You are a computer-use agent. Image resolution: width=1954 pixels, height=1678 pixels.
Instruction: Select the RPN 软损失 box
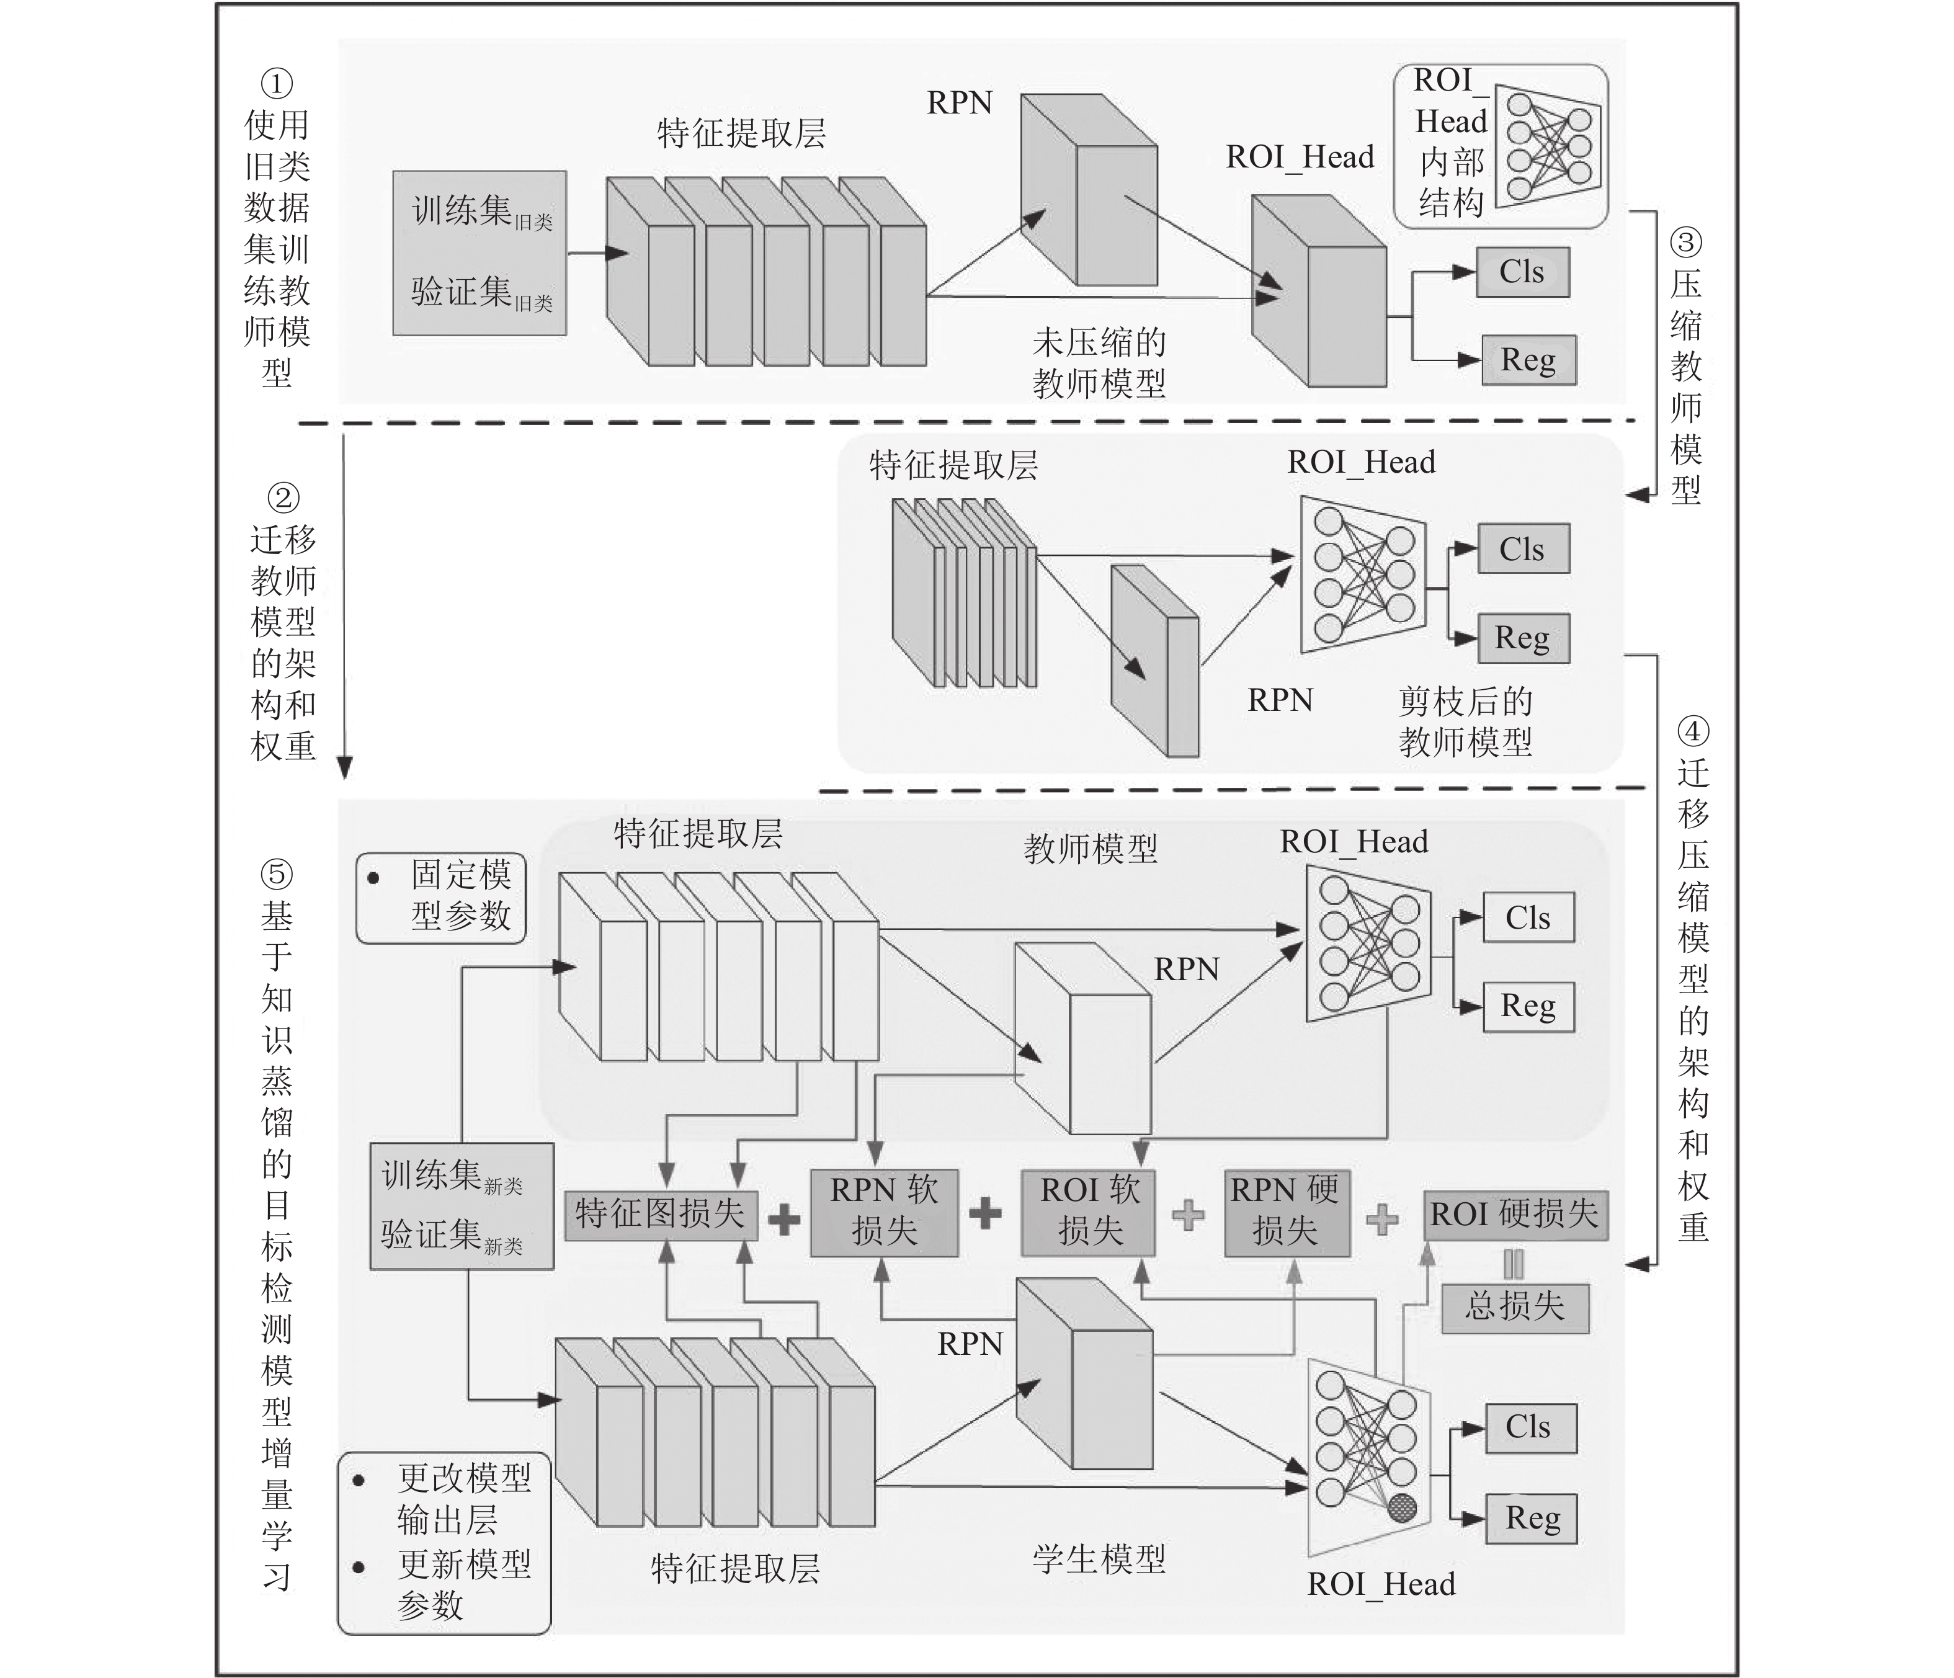(x=883, y=1212)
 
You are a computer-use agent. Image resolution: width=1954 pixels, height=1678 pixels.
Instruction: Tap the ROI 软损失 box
(x=1088, y=1212)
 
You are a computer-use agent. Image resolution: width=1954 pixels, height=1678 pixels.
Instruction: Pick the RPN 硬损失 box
(x=1287, y=1212)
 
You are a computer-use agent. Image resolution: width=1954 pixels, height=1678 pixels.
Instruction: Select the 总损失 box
(x=1515, y=1306)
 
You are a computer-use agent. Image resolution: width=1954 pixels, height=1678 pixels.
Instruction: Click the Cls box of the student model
(x=1530, y=1427)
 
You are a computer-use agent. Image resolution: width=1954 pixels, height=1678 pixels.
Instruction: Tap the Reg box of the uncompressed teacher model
(x=1528, y=359)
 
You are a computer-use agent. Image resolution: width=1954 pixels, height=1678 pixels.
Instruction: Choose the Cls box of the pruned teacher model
(x=1522, y=549)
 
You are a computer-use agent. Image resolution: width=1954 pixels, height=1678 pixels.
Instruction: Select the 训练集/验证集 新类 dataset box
(x=461, y=1207)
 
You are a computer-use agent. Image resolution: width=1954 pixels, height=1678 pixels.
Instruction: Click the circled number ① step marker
(x=276, y=84)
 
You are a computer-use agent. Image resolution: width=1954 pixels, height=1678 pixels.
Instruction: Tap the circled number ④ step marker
(x=1693, y=731)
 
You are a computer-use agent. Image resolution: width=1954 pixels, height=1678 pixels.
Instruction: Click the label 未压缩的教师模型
(x=1099, y=362)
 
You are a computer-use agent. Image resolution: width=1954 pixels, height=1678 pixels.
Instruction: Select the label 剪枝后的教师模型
(x=1465, y=721)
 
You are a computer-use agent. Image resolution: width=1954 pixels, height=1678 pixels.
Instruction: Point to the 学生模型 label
(x=1099, y=1558)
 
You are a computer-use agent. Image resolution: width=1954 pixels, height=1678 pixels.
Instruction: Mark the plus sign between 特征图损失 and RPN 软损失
(x=783, y=1219)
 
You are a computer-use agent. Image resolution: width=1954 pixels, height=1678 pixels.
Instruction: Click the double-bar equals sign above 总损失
(x=1514, y=1264)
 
